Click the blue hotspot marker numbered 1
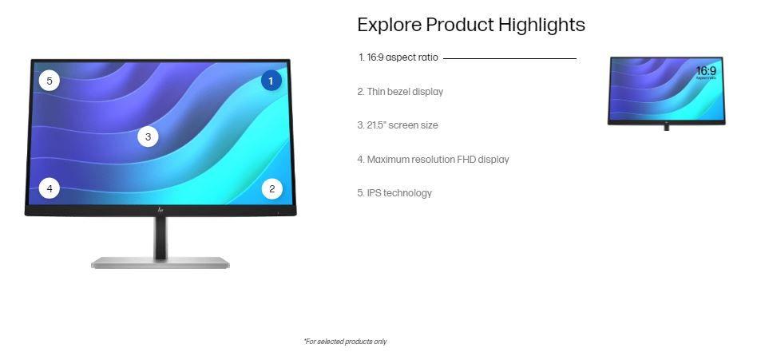(x=271, y=81)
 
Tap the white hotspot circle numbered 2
(x=271, y=188)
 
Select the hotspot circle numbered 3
(x=148, y=137)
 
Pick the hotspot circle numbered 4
(x=50, y=188)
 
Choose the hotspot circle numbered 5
(x=50, y=81)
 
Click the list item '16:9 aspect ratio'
(x=398, y=57)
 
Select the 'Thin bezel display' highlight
(x=400, y=92)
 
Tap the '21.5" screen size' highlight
(x=398, y=125)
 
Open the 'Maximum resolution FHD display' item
(x=433, y=160)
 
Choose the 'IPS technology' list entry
(x=394, y=193)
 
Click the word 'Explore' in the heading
(x=389, y=25)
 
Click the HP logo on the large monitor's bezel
(x=161, y=210)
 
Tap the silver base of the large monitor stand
(x=161, y=263)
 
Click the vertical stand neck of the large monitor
(x=161, y=236)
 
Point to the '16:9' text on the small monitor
(x=706, y=71)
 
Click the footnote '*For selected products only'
(x=345, y=342)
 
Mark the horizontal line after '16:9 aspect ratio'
(x=509, y=58)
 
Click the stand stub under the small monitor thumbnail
(x=666, y=128)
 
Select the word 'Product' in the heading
(x=460, y=25)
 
